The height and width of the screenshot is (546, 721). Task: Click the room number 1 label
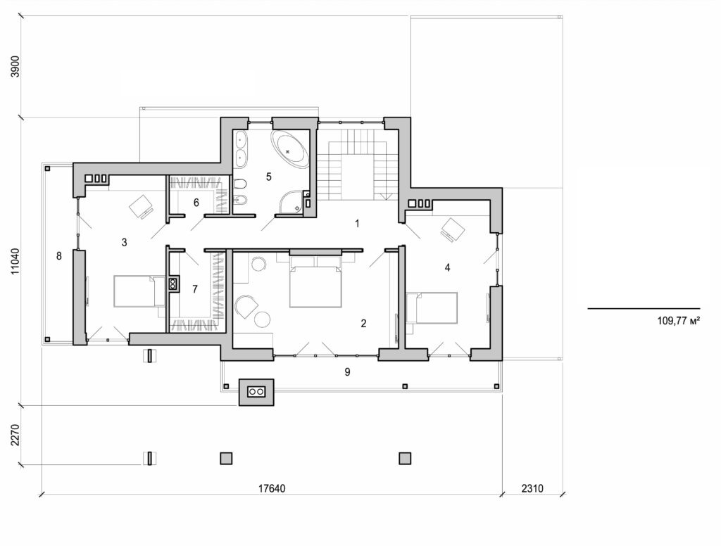point(358,224)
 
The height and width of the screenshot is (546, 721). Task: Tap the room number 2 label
point(363,324)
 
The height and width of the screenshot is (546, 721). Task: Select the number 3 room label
point(124,243)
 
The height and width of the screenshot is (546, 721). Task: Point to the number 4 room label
point(447,267)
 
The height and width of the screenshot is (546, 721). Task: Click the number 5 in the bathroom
point(268,177)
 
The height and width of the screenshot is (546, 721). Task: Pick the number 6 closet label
point(196,203)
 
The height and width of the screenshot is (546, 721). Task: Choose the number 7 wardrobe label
point(195,289)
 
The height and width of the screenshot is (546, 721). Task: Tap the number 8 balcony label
point(59,256)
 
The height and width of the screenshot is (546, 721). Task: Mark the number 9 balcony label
point(347,372)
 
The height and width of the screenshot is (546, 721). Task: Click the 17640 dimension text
point(270,488)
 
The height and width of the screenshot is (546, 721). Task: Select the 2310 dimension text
point(533,488)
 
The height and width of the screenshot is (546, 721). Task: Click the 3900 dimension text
point(16,65)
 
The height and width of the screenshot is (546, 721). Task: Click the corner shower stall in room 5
point(289,203)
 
